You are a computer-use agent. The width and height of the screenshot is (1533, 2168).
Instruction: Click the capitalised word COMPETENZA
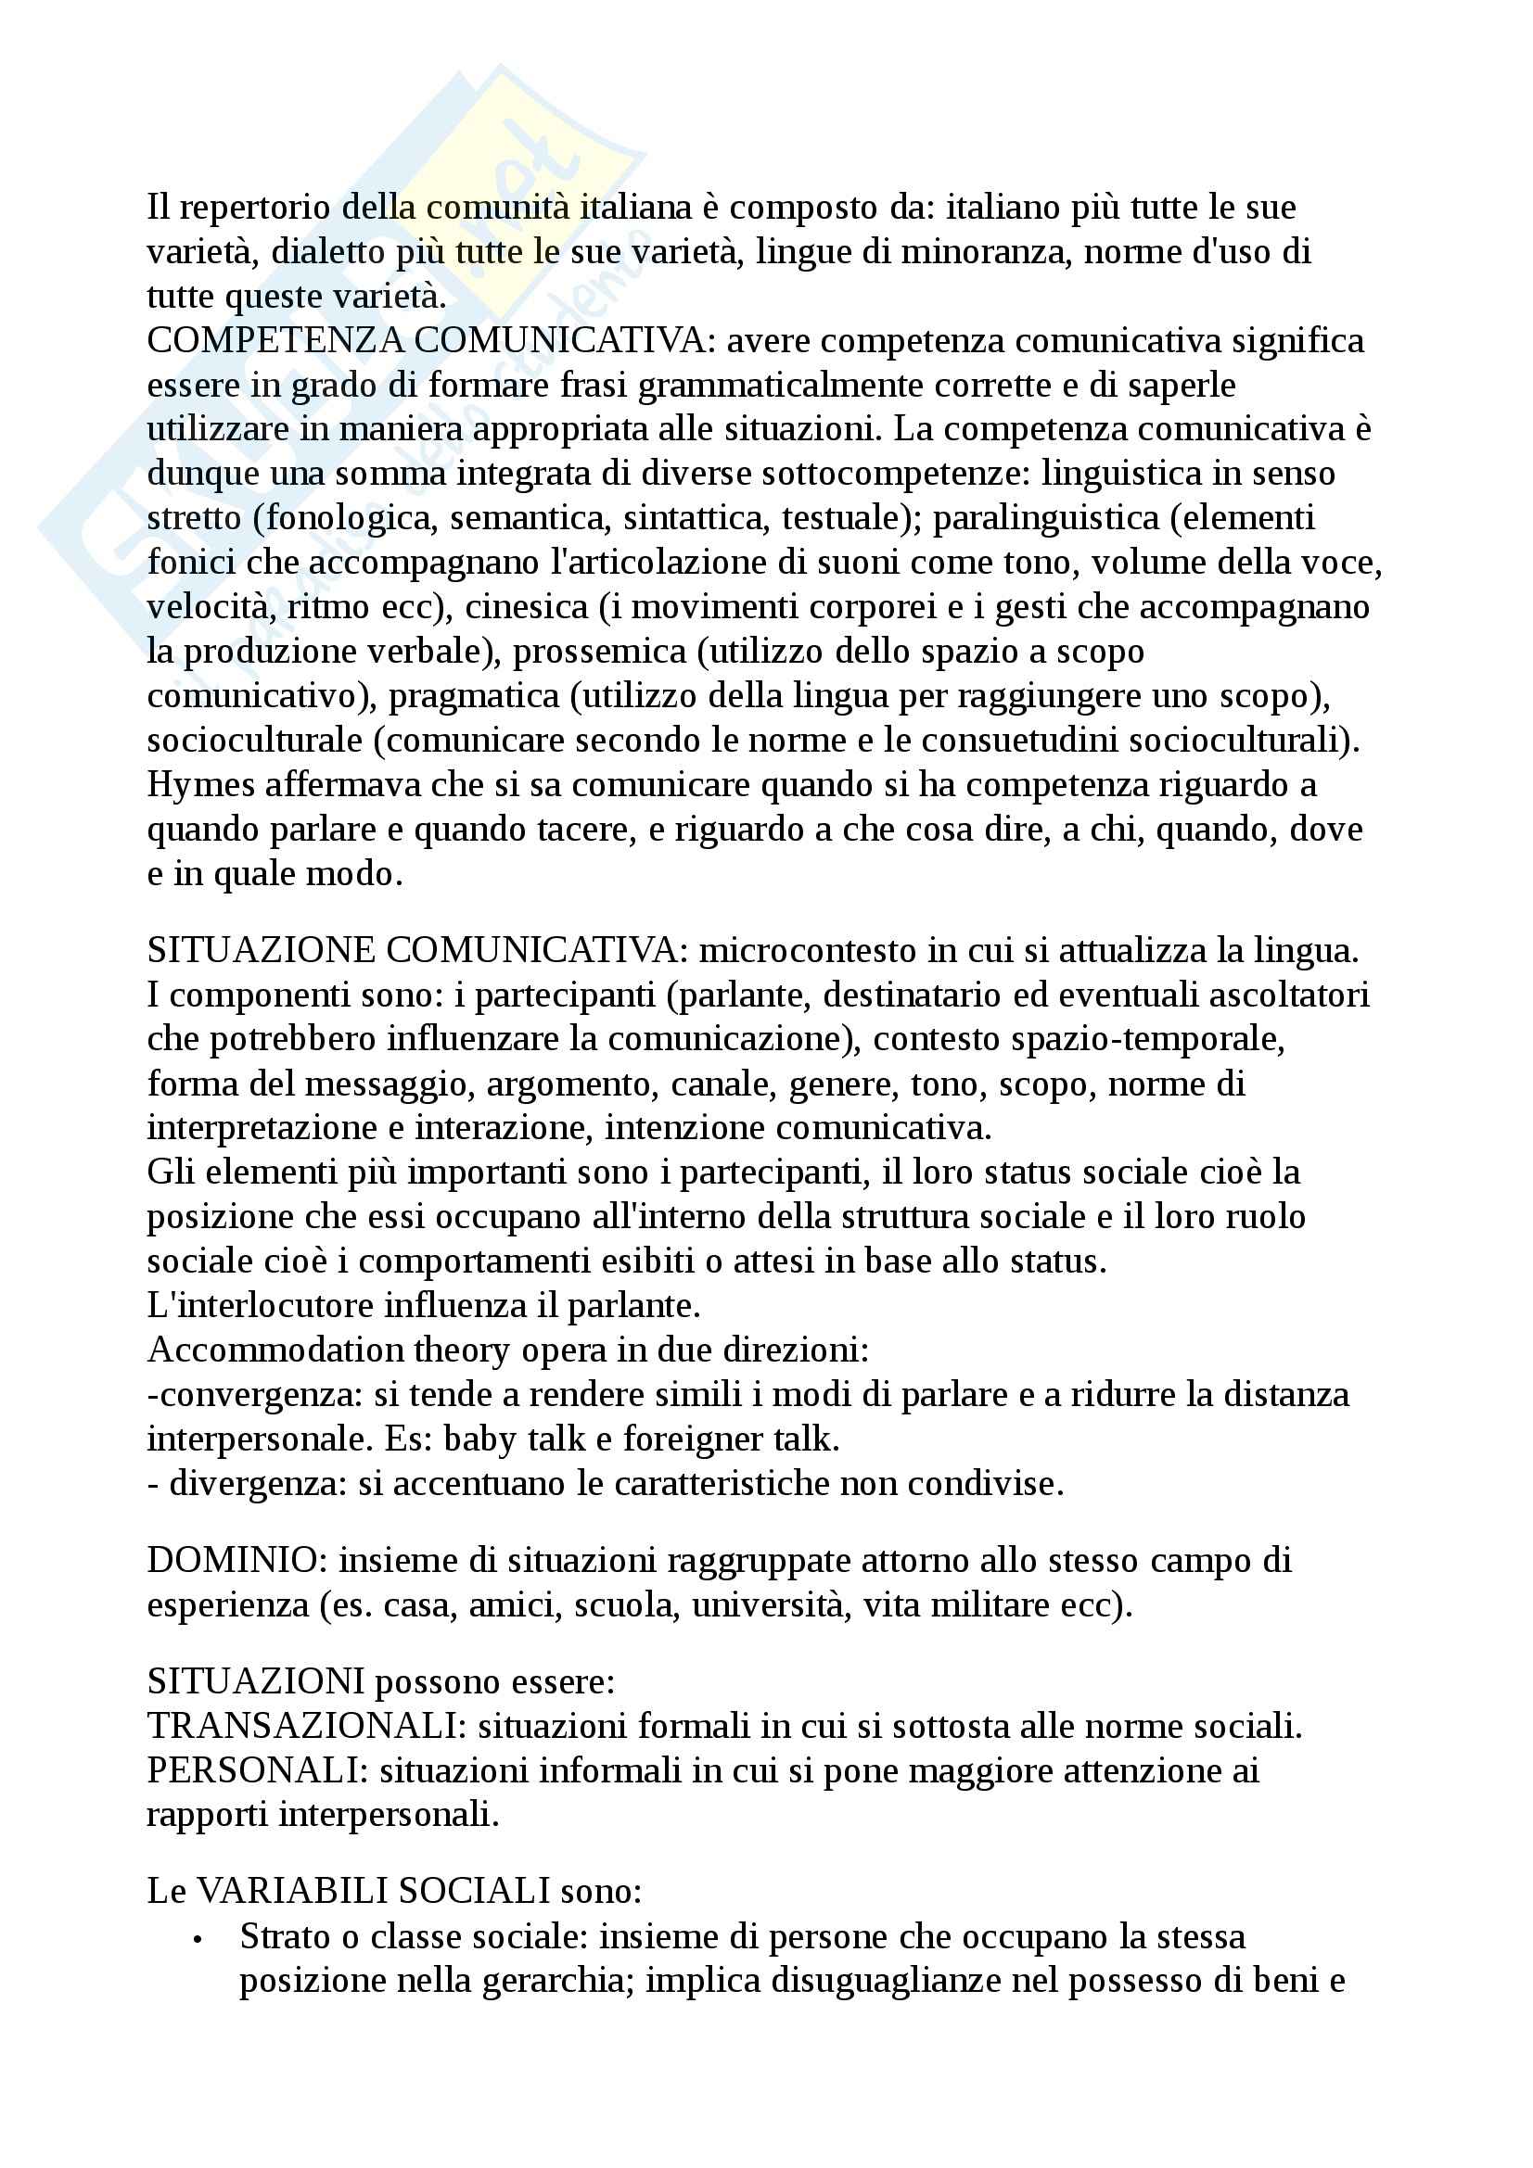(x=275, y=341)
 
